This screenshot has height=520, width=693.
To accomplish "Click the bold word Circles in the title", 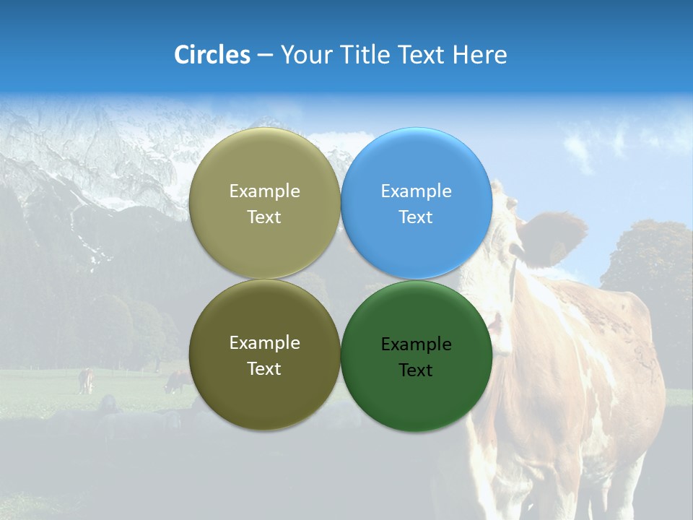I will pyautogui.click(x=212, y=55).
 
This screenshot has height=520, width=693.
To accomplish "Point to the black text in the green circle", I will pyautogui.click(x=416, y=357).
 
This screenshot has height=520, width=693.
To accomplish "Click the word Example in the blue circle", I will pyautogui.click(x=416, y=191).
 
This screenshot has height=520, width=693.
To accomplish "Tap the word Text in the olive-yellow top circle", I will pyautogui.click(x=264, y=217).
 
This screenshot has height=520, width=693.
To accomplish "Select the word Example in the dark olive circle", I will pyautogui.click(x=264, y=343).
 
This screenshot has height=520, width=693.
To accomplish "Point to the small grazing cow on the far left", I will pyautogui.click(x=86, y=381).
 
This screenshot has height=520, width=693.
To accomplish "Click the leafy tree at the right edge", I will pyautogui.click(x=650, y=260).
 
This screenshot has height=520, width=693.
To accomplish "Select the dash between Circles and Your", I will pyautogui.click(x=264, y=55).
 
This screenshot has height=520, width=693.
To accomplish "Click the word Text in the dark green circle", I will pyautogui.click(x=416, y=370).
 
